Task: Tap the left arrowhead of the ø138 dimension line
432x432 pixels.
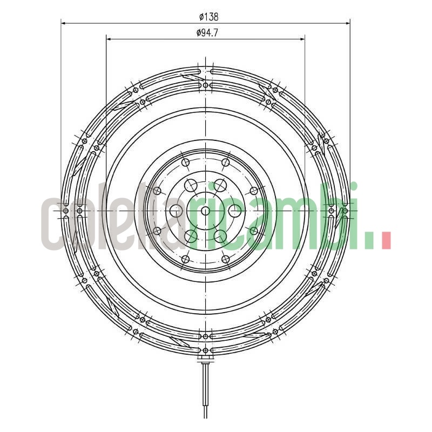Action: (x=63, y=23)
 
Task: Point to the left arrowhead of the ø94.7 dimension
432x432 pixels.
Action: (x=109, y=39)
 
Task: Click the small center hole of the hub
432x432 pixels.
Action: (x=205, y=211)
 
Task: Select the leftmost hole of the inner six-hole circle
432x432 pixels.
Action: (x=176, y=211)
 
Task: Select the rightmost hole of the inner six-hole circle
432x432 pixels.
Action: (x=235, y=211)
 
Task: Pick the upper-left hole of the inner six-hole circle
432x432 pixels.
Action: (x=191, y=185)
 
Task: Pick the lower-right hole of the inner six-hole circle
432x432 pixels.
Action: (x=220, y=236)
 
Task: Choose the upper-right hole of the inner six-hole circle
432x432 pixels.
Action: (x=220, y=185)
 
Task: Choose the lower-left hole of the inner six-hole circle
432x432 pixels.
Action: (x=191, y=236)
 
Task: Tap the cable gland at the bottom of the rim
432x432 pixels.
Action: (x=205, y=356)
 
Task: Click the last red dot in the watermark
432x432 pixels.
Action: (x=386, y=241)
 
